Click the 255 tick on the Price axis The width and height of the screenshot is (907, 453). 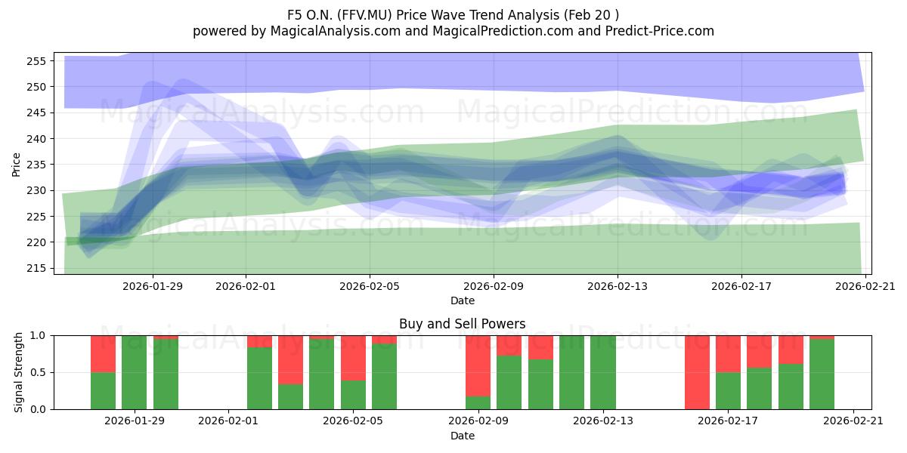[x=36, y=61]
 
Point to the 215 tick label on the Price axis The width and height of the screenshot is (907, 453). [x=36, y=269]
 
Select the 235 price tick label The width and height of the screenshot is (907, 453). [x=36, y=165]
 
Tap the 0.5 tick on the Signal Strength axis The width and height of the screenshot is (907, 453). [x=38, y=372]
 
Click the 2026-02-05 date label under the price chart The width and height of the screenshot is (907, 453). [x=370, y=286]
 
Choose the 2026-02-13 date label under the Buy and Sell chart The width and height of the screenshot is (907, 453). [x=603, y=421]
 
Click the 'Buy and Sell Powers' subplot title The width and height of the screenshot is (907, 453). [x=463, y=324]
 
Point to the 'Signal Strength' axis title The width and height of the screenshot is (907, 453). [x=18, y=372]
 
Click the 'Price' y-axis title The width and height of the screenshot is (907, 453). [x=16, y=165]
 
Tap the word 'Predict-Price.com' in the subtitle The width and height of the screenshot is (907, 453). [x=660, y=31]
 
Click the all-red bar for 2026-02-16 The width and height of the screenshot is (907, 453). [x=697, y=372]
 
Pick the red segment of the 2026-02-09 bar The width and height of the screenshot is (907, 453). [x=478, y=366]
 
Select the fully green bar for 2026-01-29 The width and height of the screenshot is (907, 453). [x=134, y=372]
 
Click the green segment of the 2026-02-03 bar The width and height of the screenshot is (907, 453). [x=290, y=396]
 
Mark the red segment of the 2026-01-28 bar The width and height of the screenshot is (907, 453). [x=103, y=354]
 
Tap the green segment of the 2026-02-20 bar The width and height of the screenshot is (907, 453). [x=822, y=374]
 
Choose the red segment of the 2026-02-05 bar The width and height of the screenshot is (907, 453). [x=353, y=358]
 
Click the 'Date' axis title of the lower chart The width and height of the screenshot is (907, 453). [x=463, y=436]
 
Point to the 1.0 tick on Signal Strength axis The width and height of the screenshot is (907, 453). [x=38, y=336]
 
